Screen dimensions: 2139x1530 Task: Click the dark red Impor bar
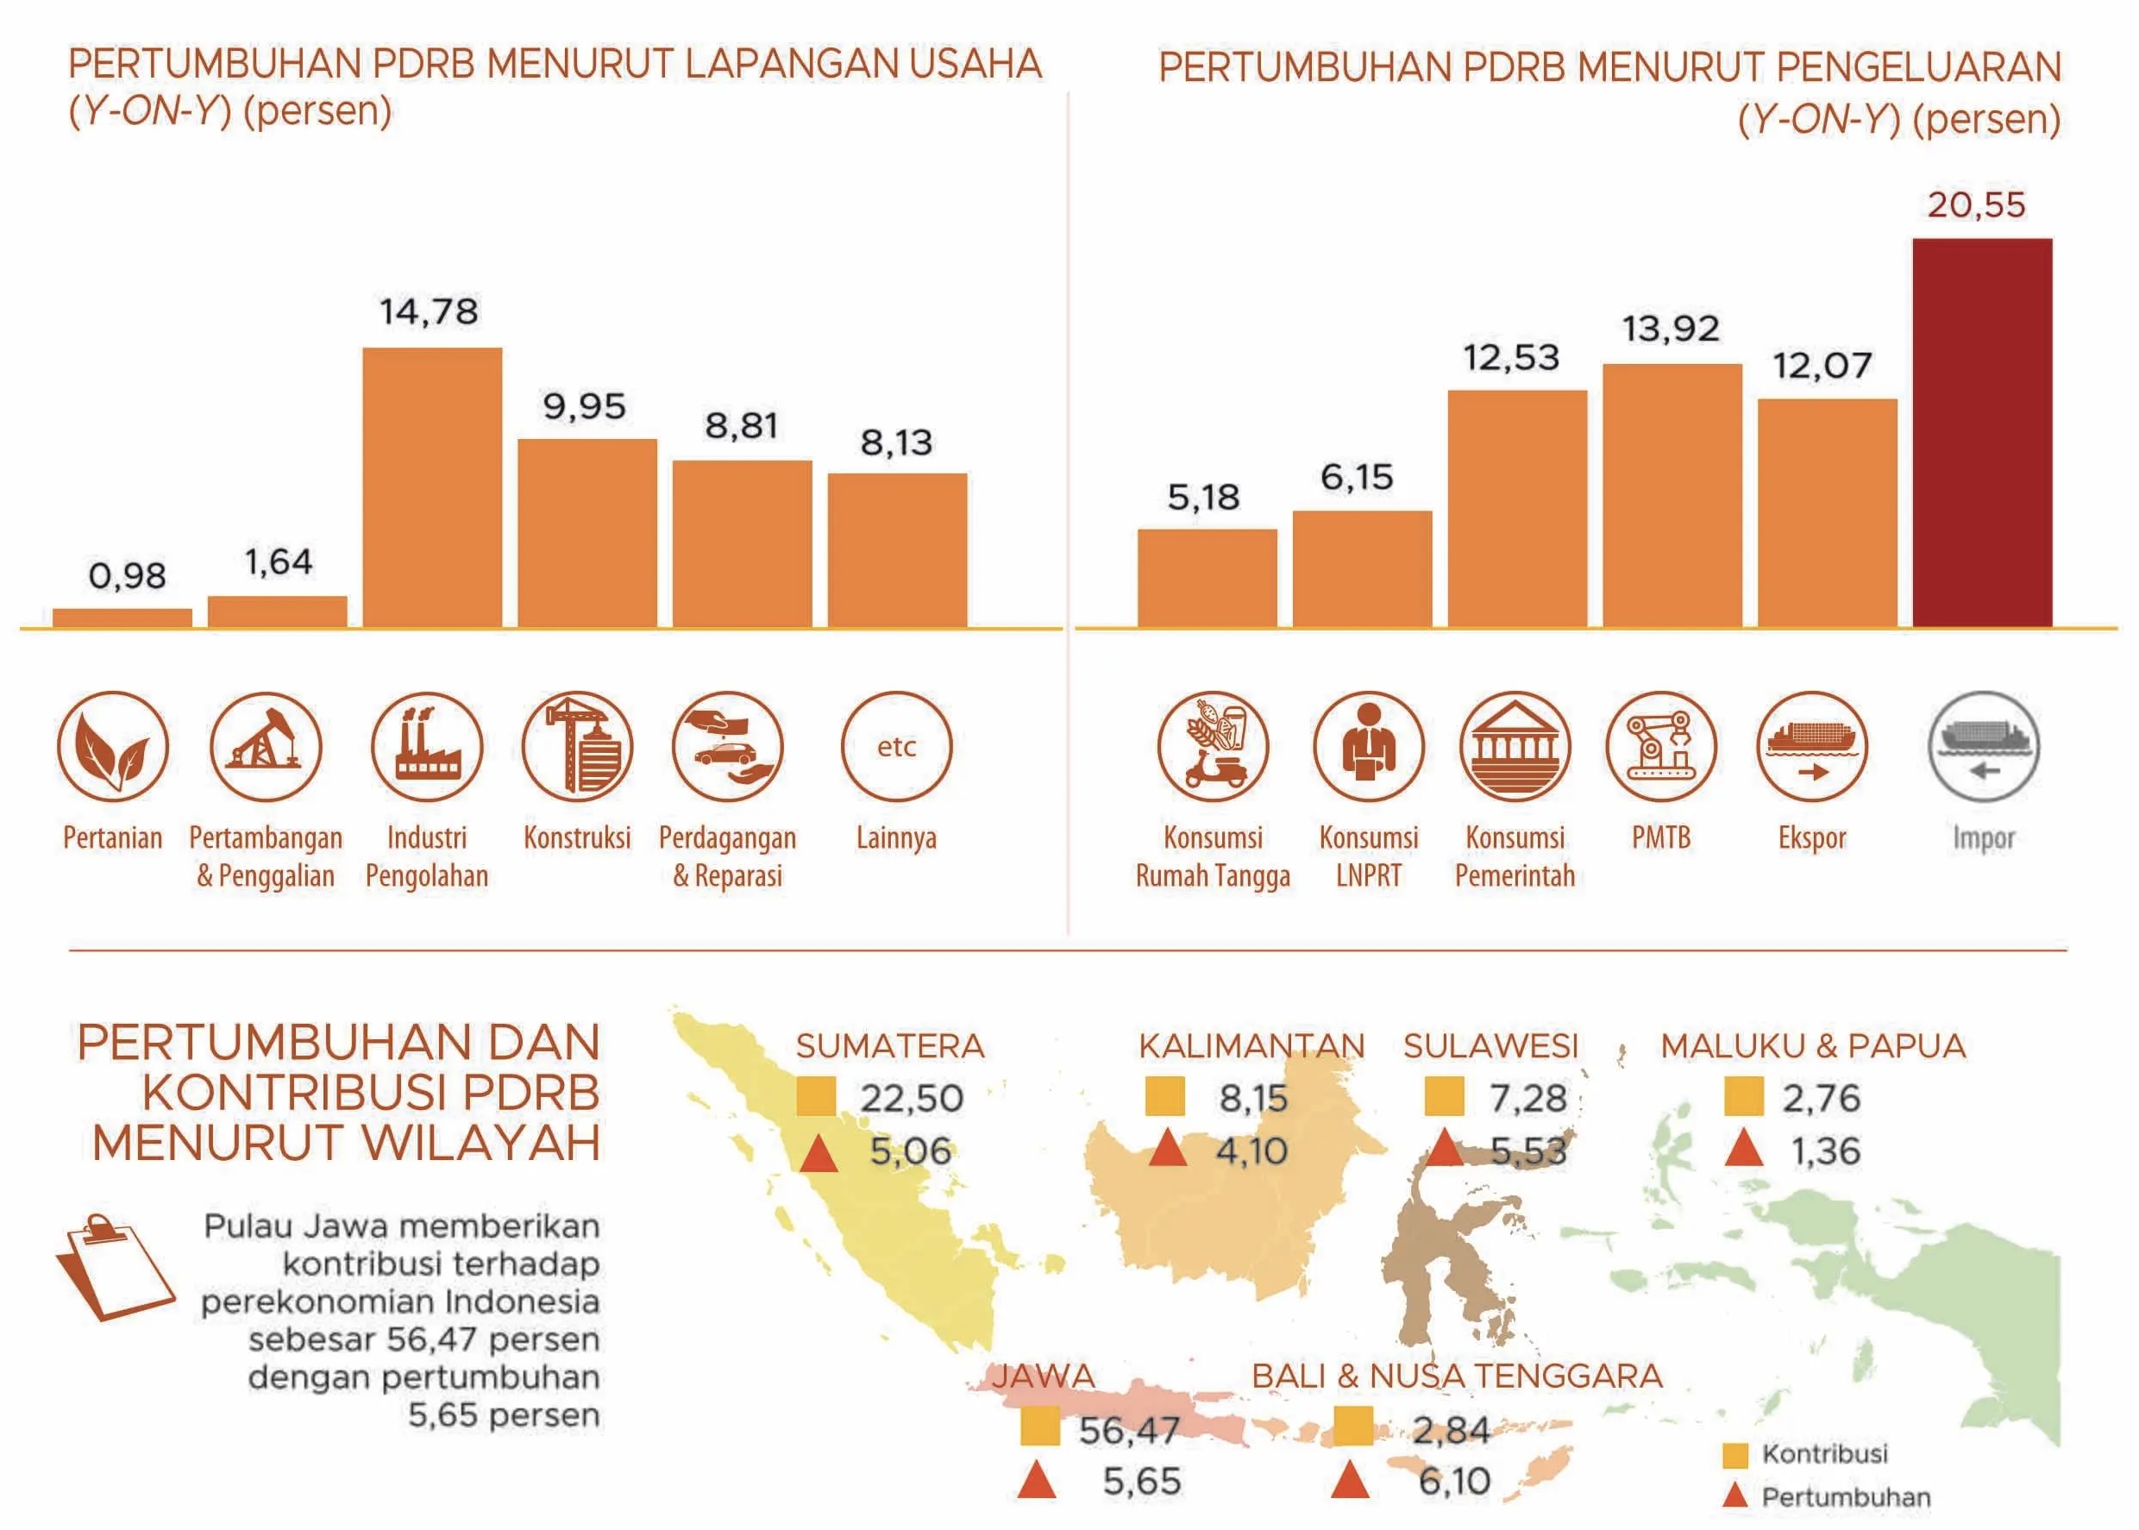1982,432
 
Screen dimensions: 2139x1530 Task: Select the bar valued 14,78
432,487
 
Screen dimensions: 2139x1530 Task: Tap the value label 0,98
127,575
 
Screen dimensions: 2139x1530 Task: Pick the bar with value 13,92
1672,496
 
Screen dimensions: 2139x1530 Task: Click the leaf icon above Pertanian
113,746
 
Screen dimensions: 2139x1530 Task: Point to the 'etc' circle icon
897,746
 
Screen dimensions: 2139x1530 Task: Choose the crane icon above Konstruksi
577,746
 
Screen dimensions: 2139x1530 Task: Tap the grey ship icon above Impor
1985,746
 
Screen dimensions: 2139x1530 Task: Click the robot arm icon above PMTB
1661,746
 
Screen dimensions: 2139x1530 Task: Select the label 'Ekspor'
1812,837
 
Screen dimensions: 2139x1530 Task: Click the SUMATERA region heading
890,1046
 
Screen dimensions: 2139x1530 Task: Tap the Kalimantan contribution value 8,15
1252,1099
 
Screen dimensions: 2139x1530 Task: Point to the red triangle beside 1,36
1743,1149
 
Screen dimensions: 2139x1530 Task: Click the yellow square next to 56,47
1040,1426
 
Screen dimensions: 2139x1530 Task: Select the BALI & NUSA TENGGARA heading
1457,1376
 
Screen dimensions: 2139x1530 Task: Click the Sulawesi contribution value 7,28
1527,1099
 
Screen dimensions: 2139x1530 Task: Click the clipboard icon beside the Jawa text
115,1267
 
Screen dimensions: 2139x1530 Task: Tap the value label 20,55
1976,204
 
